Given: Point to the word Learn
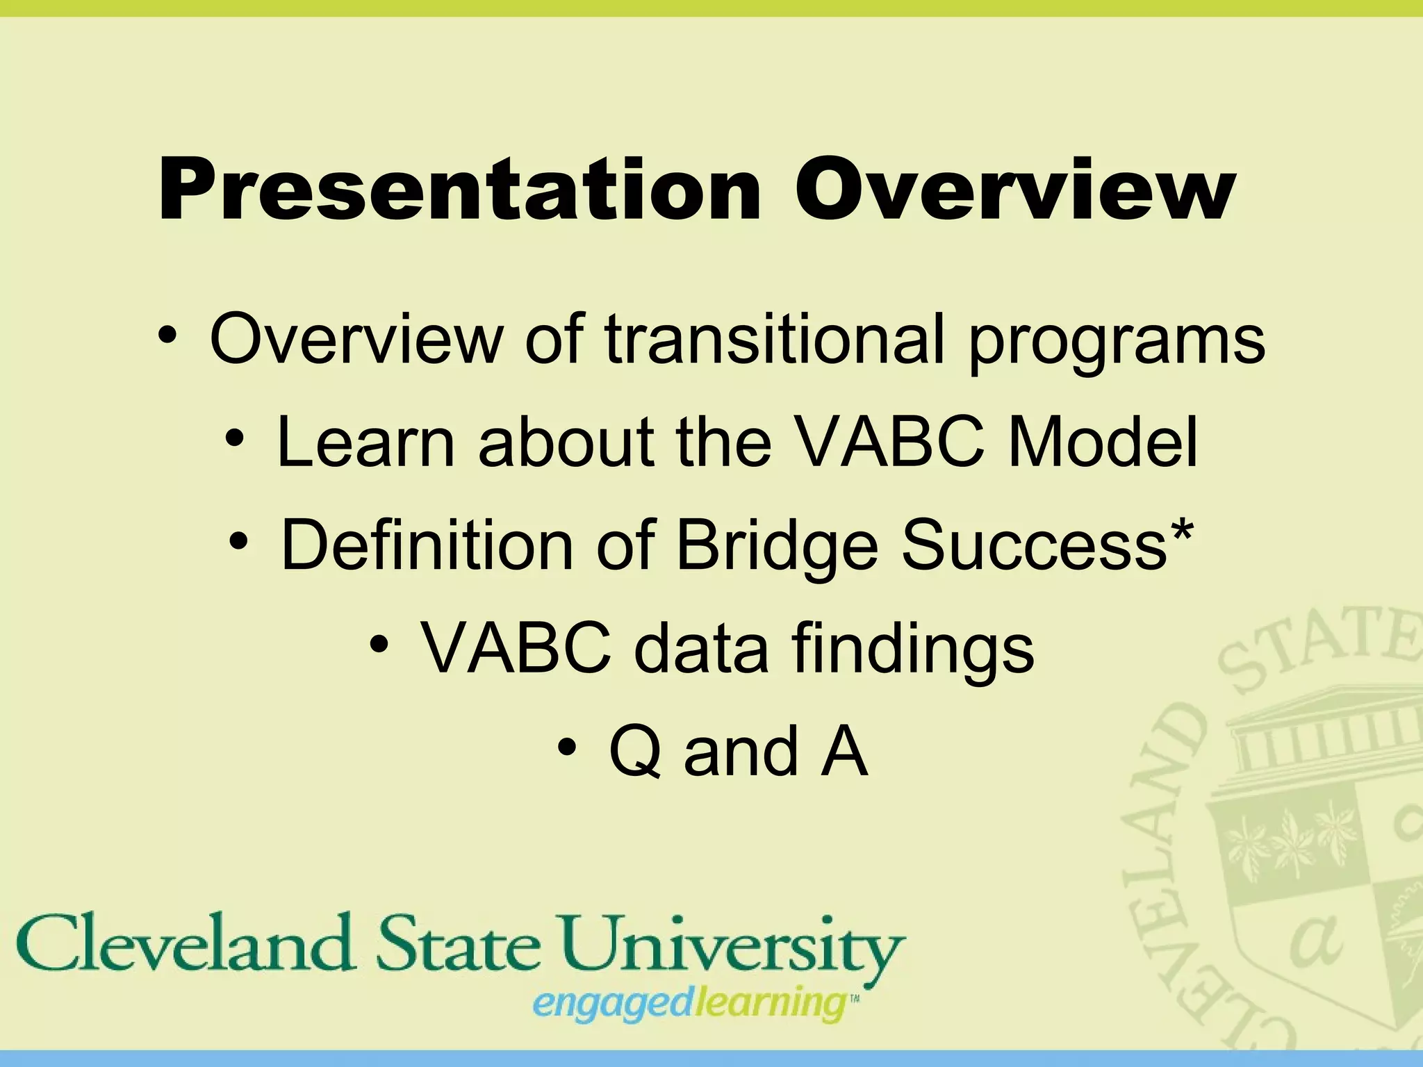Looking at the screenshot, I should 365,442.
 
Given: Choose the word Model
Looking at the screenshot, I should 1103,442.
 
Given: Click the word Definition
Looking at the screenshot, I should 427,545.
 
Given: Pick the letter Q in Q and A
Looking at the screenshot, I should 634,752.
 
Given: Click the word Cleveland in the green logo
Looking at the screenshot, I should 185,945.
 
